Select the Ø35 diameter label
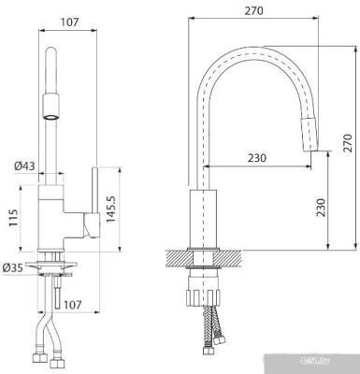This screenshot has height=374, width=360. (15, 269)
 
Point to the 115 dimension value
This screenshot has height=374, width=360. (13, 219)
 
